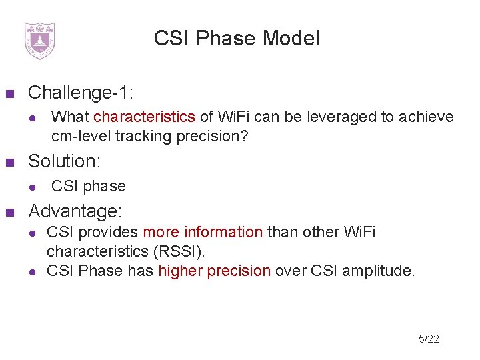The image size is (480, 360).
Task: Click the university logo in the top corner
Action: pos(39,40)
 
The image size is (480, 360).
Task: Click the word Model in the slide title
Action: pos(291,39)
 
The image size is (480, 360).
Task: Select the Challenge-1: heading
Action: pos(71,92)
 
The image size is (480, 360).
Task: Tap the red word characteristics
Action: pos(144,117)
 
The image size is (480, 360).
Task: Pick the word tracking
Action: pos(141,137)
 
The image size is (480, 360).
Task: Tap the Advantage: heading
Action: pos(75,212)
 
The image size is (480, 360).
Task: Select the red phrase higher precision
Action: pos(214,271)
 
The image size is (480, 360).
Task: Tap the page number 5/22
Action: pos(429,339)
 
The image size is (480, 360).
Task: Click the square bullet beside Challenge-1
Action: pos(10,93)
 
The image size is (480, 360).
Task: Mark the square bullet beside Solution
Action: pos(10,162)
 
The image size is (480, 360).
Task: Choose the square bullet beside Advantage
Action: pos(10,213)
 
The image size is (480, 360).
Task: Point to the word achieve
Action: pos(426,117)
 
